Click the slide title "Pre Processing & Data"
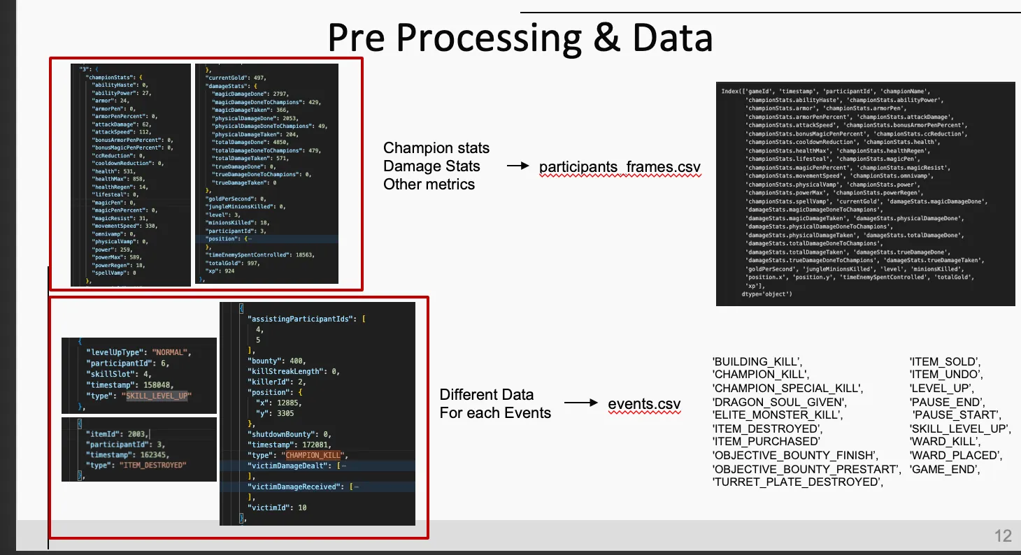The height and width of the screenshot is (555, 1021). [x=520, y=38]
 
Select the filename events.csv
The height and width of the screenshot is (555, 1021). [x=644, y=404]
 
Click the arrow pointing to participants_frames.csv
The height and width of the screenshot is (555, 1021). [x=517, y=166]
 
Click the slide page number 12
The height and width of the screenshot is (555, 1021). [x=1003, y=536]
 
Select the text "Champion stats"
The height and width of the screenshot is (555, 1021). [x=436, y=148]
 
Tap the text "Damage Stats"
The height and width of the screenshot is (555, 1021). [x=431, y=166]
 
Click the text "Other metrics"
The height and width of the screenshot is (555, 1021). [x=429, y=185]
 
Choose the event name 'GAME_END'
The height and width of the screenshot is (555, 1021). [x=945, y=470]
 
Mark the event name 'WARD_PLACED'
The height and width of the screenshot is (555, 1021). [x=955, y=456]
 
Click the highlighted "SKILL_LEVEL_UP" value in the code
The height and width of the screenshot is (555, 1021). [x=158, y=396]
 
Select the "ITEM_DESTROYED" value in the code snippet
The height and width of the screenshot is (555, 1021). [x=157, y=465]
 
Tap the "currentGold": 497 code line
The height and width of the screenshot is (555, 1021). [x=231, y=78]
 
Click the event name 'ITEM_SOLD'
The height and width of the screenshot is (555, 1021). [x=944, y=362]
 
